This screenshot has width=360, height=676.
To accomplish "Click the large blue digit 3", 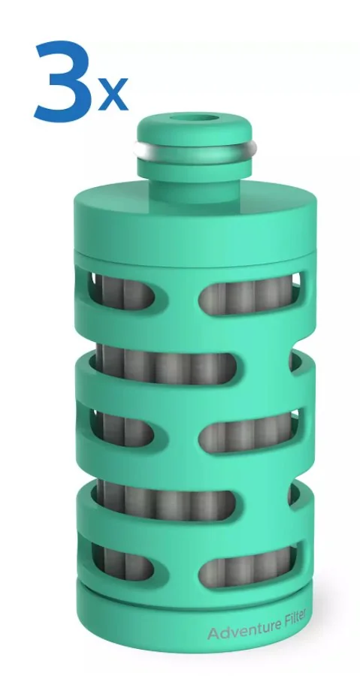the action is point(64,80).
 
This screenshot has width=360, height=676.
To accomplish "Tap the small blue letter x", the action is point(113,93).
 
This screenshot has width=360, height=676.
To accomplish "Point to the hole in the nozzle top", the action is point(195,119).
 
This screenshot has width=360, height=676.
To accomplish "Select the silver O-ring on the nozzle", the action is point(195,150).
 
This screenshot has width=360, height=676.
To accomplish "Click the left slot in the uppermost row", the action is point(122,291).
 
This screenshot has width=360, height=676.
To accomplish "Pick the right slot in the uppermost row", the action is point(250,295).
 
